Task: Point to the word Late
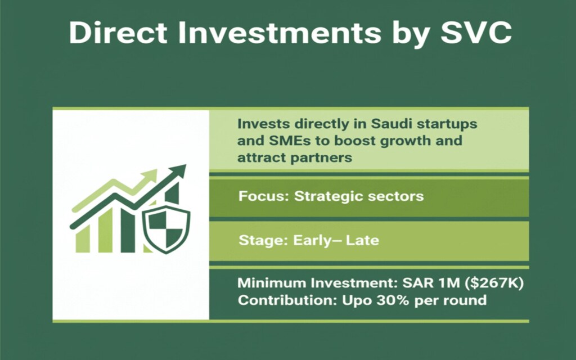tap(362, 241)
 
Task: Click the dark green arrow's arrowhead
tap(179, 172)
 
